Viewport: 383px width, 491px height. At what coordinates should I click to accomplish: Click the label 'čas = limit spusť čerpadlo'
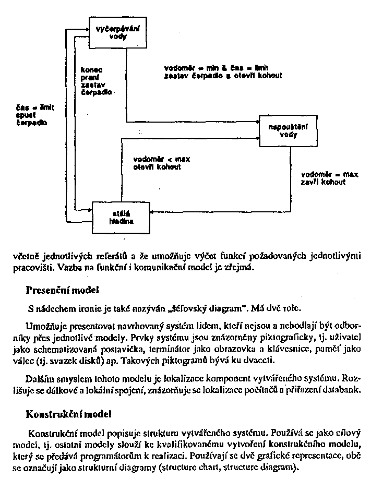[x=31, y=115]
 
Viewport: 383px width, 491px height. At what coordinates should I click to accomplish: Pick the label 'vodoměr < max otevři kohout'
[x=157, y=163]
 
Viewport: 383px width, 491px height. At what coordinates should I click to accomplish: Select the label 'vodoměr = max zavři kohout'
[x=322, y=178]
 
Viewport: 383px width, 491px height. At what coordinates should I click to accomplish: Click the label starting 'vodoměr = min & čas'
[x=223, y=71]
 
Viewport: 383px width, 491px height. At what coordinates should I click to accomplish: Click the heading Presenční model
[x=63, y=289]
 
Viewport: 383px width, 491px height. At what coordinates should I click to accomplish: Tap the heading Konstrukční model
[x=68, y=415]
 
